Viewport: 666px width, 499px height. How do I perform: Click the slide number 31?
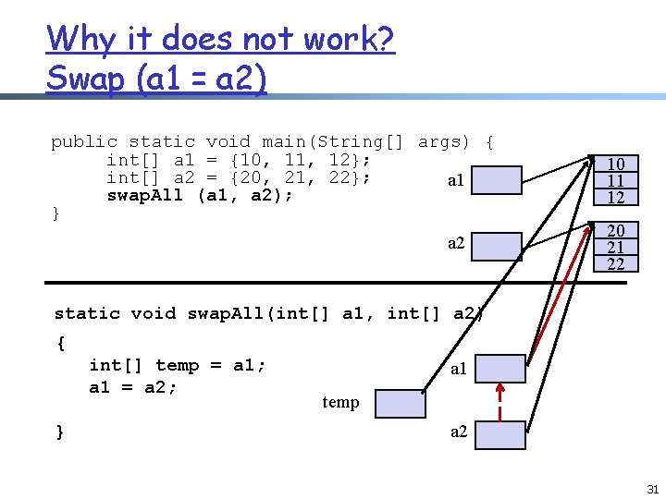click(652, 489)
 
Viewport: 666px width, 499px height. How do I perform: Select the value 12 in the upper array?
click(616, 197)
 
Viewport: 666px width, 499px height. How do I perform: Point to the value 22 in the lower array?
click(616, 264)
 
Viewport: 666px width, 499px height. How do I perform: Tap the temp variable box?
click(401, 404)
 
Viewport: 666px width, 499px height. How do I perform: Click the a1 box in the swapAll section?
click(500, 369)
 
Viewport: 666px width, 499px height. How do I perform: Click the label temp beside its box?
click(340, 402)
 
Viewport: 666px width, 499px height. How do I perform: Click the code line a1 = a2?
click(133, 387)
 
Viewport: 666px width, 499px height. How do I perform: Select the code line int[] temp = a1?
click(178, 365)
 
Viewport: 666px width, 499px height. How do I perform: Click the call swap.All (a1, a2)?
click(200, 195)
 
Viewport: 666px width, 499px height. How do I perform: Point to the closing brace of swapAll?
click(60, 432)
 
